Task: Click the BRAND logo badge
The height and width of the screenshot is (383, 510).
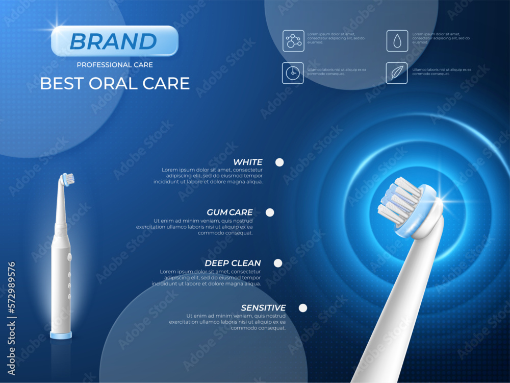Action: (115, 41)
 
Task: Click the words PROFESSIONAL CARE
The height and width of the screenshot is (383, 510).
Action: (115, 65)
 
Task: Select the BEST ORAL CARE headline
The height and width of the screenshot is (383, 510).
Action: (115, 83)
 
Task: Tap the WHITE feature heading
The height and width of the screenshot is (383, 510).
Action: (247, 162)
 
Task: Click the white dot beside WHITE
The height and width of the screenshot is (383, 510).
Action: (279, 162)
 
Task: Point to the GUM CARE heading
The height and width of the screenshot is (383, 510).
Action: (229, 212)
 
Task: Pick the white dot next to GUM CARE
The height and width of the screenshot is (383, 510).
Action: (270, 212)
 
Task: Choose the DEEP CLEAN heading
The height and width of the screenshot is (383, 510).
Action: (233, 263)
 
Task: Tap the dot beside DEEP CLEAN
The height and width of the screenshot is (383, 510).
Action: (278, 263)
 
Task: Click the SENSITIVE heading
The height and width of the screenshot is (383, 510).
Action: (263, 308)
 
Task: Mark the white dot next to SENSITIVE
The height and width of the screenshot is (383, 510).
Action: (303, 308)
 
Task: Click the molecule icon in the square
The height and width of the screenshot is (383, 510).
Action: (293, 41)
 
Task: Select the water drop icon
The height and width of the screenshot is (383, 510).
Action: (397, 41)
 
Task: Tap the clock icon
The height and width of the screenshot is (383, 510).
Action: (293, 73)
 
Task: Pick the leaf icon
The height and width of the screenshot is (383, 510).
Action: (397, 73)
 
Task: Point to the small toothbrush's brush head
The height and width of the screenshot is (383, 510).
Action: (68, 179)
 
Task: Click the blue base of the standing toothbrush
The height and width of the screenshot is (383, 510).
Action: (61, 336)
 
